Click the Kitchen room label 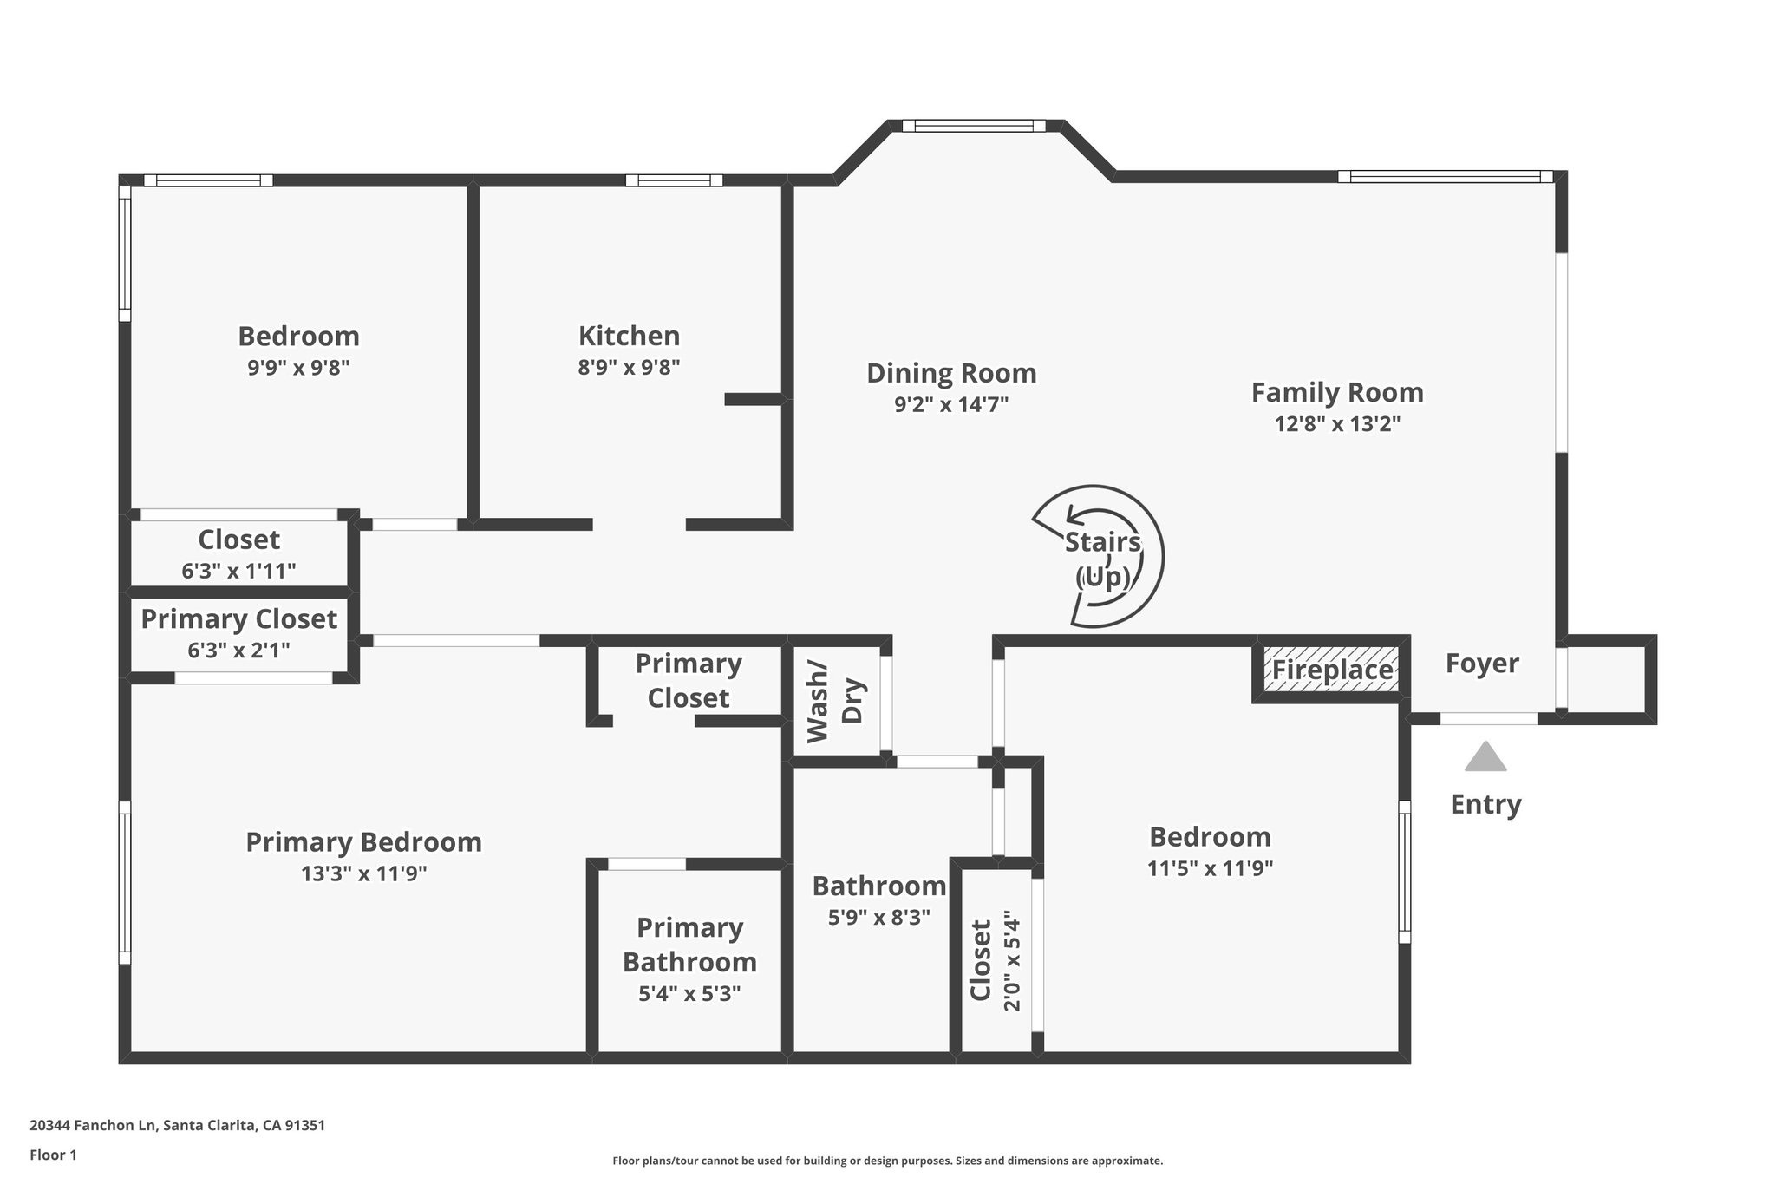tap(629, 336)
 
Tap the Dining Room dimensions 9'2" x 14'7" tap(951, 404)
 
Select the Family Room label tap(1336, 392)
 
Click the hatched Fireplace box tap(1331, 670)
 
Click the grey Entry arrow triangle tap(1485, 757)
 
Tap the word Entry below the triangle tap(1485, 804)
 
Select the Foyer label tap(1482, 664)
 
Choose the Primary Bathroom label tap(689, 945)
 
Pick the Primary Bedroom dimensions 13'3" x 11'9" tap(363, 873)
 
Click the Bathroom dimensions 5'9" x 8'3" tap(878, 918)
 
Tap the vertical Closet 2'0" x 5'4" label tap(995, 960)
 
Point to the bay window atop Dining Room tap(973, 126)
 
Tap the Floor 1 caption tap(53, 1155)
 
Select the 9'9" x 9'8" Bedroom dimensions tap(298, 367)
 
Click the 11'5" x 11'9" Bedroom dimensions tap(1210, 868)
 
